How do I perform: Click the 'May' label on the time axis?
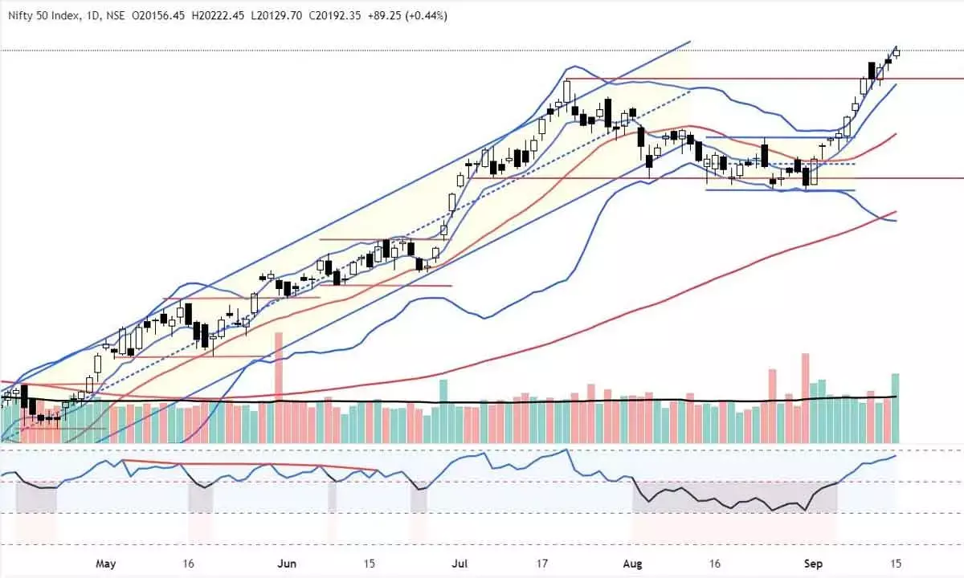pyautogui.click(x=106, y=563)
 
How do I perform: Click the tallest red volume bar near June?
pyautogui.click(x=279, y=385)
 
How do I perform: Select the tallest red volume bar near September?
pyautogui.click(x=804, y=397)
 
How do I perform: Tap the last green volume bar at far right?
pyautogui.click(x=895, y=408)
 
